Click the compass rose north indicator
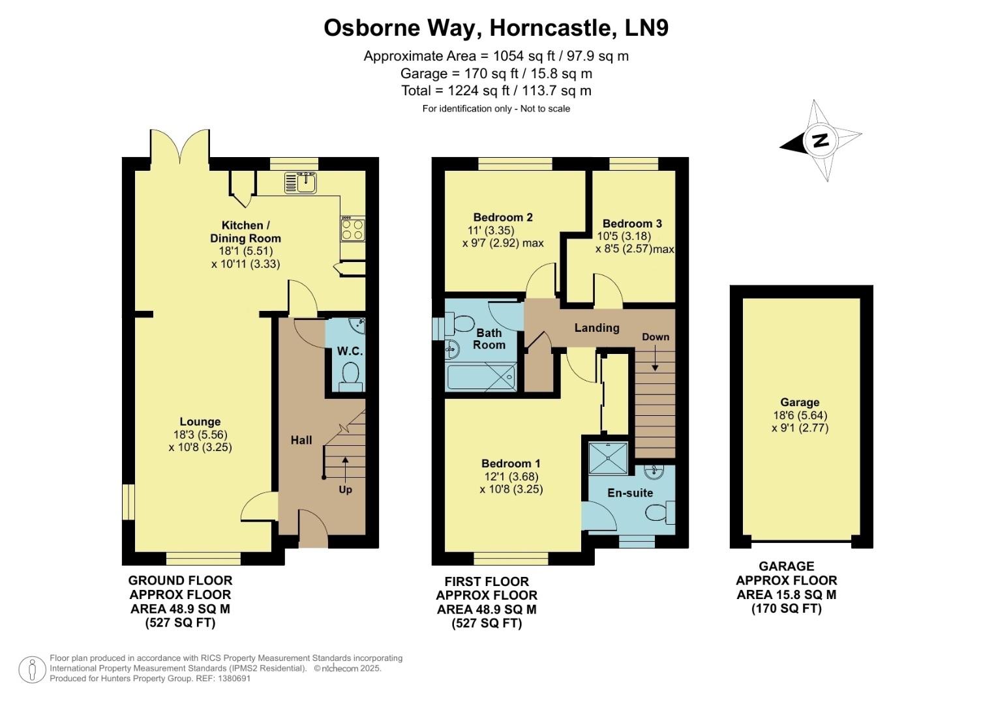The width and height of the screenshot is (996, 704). tap(821, 140)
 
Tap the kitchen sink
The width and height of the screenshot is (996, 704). tap(301, 183)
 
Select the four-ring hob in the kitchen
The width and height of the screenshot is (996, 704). tap(353, 229)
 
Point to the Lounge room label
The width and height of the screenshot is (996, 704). tap(200, 422)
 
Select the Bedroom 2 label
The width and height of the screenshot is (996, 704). tap(503, 217)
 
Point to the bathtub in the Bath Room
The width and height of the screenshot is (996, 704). tap(481, 377)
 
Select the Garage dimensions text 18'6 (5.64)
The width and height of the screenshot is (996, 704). tap(800, 415)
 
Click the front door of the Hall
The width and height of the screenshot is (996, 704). tap(312, 529)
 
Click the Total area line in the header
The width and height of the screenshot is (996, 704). tap(496, 91)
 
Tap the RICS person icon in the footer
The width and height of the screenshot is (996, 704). tap(32, 669)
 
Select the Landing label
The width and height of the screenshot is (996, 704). tap(596, 327)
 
